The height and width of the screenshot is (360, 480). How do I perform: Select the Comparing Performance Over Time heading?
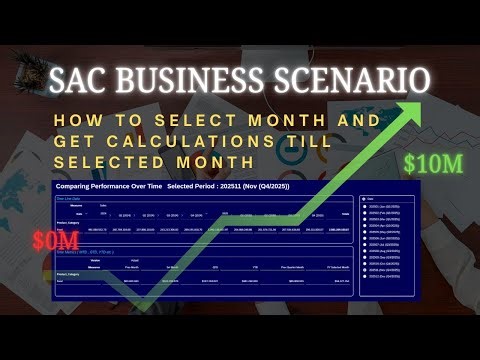pos(111,186)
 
